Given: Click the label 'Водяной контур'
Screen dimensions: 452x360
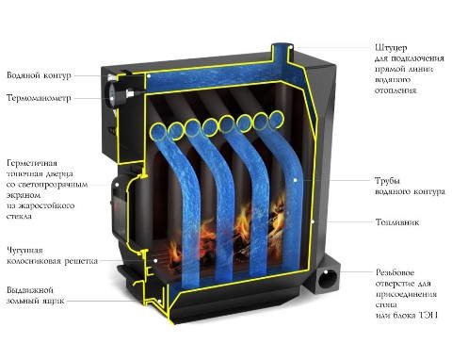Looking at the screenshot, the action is coord(39,75).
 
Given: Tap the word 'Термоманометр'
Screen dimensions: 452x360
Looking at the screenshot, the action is coord(39,98).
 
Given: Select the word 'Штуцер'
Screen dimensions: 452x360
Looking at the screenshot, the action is coord(391,48).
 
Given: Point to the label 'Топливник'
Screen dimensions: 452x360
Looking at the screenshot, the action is coord(397,222).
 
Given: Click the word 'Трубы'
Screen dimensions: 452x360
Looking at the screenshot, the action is coord(388,181).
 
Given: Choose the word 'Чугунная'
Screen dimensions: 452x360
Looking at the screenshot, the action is coord(24,251).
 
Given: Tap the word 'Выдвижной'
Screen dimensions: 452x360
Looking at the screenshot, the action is coord(30,289).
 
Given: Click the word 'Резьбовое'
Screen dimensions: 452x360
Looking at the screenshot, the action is coord(395,272).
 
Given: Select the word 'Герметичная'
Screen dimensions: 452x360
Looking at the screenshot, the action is coord(32,163).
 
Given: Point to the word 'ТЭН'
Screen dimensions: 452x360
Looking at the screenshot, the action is coord(428,315).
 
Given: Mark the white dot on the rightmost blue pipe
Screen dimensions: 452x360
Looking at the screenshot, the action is coord(296,180).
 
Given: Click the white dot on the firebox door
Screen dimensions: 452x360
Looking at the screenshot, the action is coord(117,185).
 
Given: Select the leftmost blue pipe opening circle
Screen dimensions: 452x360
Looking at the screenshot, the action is coord(158,131).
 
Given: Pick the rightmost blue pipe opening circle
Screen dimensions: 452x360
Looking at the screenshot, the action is coord(277,119).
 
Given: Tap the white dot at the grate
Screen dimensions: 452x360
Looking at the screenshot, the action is coord(155,260).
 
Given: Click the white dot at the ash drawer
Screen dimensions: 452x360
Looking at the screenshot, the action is coord(160,301).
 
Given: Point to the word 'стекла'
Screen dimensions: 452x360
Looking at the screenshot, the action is coord(19,217).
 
